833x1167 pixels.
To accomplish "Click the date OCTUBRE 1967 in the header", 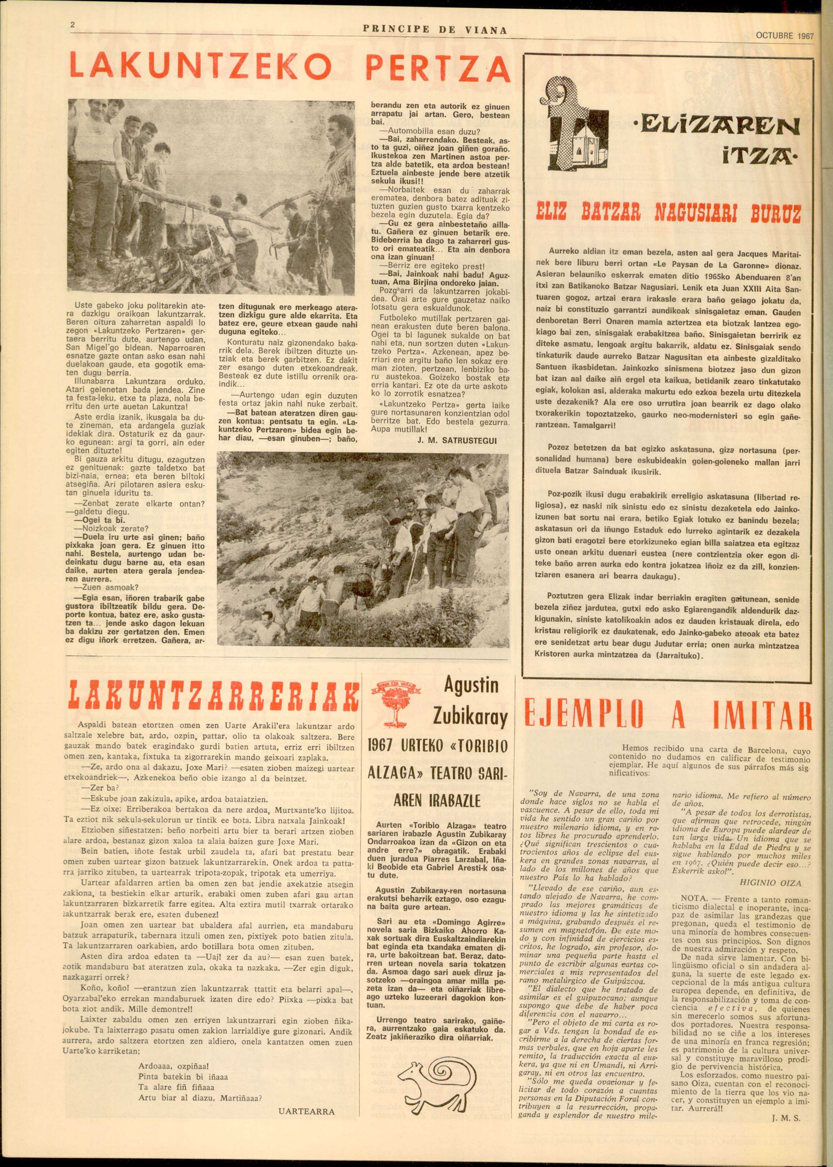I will coord(785,36).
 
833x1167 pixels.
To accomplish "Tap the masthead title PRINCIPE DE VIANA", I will coord(435,31).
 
